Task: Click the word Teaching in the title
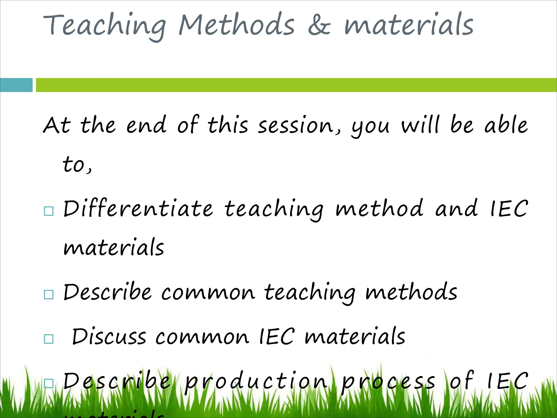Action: pyautogui.click(x=105, y=26)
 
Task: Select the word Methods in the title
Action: pyautogui.click(x=237, y=25)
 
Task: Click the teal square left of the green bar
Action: pyautogui.click(x=16, y=85)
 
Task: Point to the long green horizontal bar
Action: pyautogui.click(x=296, y=85)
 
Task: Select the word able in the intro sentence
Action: pyautogui.click(x=506, y=125)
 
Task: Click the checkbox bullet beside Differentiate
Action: pyautogui.click(x=49, y=211)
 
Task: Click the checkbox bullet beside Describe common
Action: pyautogui.click(x=49, y=294)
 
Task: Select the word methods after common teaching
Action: pyautogui.click(x=411, y=292)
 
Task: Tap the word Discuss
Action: pyautogui.click(x=109, y=337)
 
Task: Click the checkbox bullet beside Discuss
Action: pyautogui.click(x=49, y=339)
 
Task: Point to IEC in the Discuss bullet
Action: pyautogui.click(x=277, y=337)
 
